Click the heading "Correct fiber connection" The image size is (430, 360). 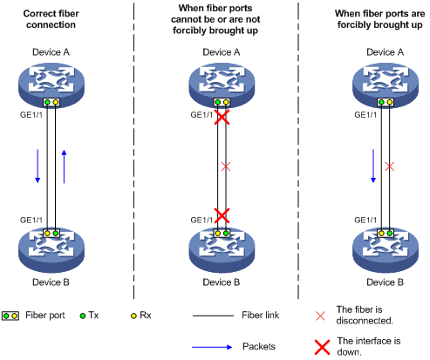(51, 19)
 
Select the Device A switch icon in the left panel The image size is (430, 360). (51, 85)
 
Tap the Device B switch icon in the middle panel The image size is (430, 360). (222, 250)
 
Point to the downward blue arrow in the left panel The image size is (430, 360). (38, 166)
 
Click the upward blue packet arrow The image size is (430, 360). (64, 166)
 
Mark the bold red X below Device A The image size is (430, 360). (222, 117)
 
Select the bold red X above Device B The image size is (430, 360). (222, 216)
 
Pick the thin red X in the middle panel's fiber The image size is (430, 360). (226, 166)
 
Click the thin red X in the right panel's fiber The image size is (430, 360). (390, 166)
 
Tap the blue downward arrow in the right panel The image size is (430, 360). (373, 166)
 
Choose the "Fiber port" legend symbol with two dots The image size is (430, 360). (10, 316)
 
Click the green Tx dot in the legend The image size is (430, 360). (83, 316)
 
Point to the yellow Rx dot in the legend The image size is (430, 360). (133, 316)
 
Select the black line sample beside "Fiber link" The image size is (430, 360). (213, 316)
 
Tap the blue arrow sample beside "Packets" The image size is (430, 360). (212, 347)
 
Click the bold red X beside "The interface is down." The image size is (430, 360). (323, 347)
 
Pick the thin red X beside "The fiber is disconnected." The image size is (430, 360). (320, 316)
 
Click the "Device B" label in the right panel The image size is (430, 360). (386, 282)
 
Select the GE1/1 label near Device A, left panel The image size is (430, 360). (31, 115)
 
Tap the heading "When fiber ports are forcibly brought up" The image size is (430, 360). (379, 19)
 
